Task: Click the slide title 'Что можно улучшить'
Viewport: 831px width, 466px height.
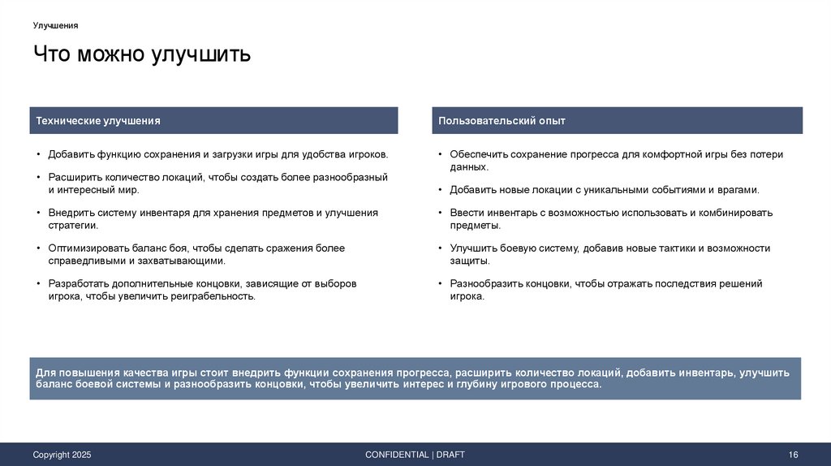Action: (142, 55)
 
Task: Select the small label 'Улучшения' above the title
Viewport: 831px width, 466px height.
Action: (55, 25)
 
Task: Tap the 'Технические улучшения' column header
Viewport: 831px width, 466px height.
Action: (98, 121)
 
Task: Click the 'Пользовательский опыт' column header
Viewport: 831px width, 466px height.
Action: (502, 121)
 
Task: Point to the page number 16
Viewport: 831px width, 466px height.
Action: (794, 455)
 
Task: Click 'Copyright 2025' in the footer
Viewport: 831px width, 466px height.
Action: (62, 455)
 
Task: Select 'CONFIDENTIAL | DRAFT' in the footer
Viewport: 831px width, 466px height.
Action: (415, 455)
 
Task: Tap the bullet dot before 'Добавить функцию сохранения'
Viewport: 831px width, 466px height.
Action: (38, 154)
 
